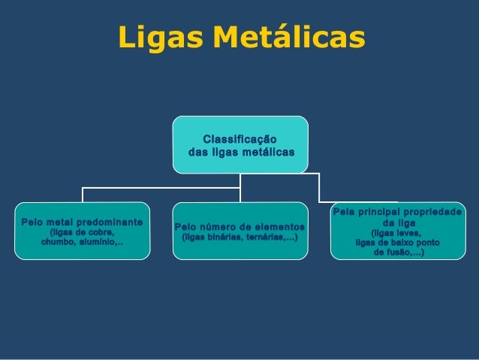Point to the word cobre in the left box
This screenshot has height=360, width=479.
point(99,233)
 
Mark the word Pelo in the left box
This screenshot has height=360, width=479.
point(32,222)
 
